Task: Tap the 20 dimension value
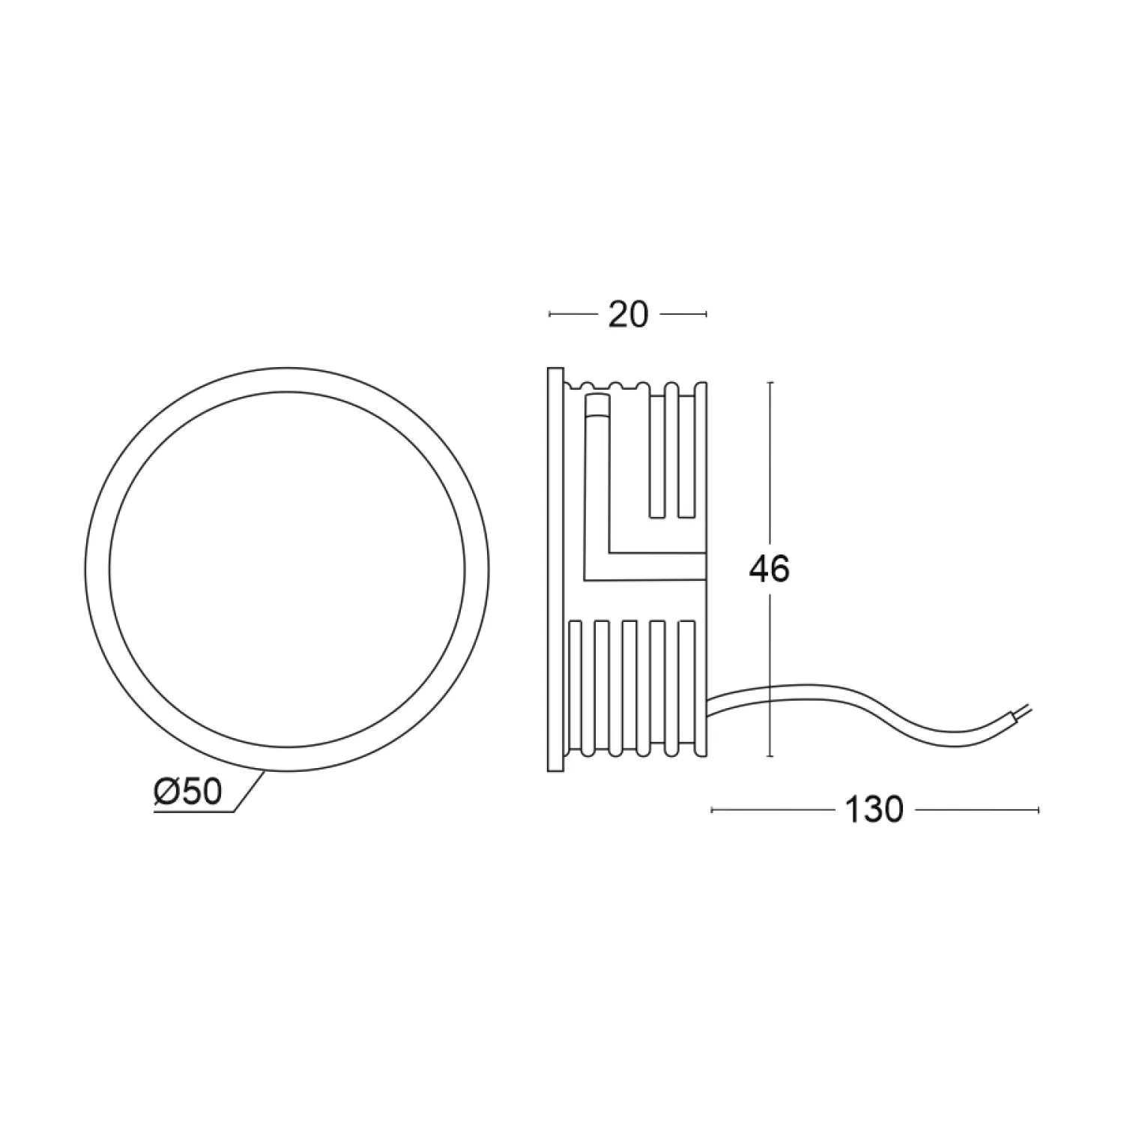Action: coord(627,315)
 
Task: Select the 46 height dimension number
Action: coord(770,569)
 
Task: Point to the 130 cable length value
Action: coord(874,810)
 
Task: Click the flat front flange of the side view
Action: coord(555,569)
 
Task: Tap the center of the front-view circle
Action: coord(287,569)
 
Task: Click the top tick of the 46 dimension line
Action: coord(771,382)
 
